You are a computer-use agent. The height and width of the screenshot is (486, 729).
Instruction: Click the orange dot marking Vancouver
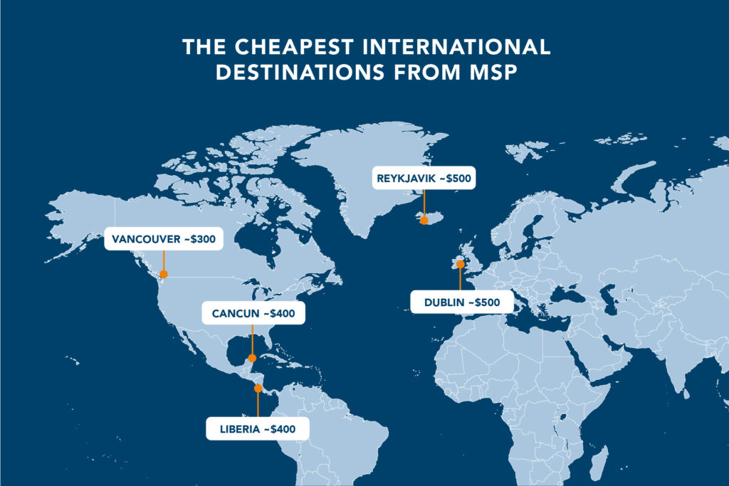[164, 274]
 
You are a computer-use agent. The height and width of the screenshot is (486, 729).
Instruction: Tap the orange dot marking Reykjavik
[424, 220]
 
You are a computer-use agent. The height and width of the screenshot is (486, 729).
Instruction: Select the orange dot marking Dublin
[460, 264]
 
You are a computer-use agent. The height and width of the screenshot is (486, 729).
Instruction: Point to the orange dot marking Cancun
[251, 358]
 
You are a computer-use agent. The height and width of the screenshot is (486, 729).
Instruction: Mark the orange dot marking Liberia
[258, 389]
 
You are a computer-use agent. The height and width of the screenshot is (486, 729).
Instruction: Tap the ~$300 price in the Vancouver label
[199, 239]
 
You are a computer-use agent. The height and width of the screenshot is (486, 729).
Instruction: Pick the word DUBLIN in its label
[446, 302]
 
